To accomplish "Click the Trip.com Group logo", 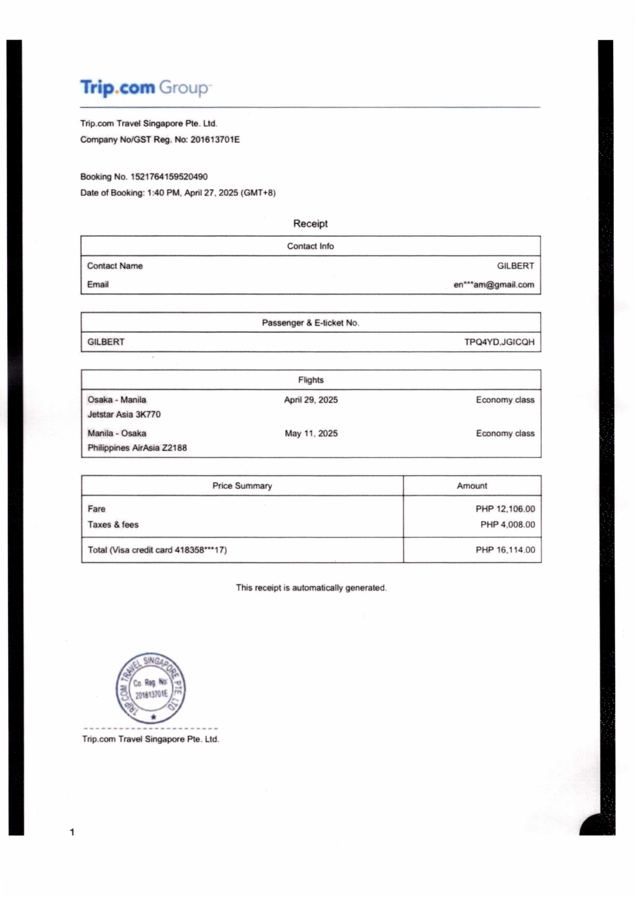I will pos(145,87).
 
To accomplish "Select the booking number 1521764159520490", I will pos(169,177).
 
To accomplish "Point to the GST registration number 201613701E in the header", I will pos(215,139).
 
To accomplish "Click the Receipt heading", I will pos(310,224).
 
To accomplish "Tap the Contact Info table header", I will pos(310,246).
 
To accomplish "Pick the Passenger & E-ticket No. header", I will pos(310,323).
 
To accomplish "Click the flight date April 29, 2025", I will pos(311,400).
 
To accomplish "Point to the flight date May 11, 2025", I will pos(311,433).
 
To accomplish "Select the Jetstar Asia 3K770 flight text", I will pos(124,414).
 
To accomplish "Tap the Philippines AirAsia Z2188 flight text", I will pos(137,448).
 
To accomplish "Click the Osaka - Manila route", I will pos(116,400).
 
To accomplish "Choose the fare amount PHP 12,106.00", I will pos(505,509).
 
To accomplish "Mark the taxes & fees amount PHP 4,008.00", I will pos(508,524).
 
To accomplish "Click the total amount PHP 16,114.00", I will pos(505,550).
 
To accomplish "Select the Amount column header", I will pos(471,486).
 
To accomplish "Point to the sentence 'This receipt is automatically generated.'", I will pos(311,588).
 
